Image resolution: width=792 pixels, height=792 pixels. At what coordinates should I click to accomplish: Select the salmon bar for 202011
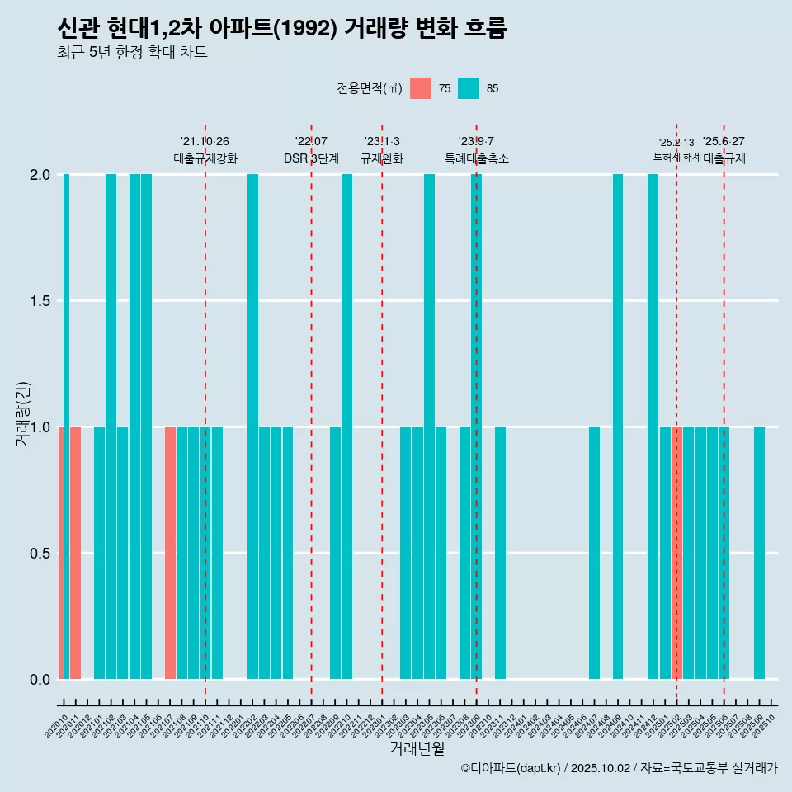pos(75,553)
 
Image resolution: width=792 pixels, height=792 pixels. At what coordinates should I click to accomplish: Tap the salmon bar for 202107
pos(170,553)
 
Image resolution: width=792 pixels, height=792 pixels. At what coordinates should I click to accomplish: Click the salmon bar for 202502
pos(676,553)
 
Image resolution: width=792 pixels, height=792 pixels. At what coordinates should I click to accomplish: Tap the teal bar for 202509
pos(759,553)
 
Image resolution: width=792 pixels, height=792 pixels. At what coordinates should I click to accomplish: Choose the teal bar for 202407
pos(594,553)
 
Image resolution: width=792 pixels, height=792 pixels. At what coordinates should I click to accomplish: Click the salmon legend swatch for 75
pos(421,88)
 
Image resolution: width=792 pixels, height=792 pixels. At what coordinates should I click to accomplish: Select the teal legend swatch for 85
pos(469,88)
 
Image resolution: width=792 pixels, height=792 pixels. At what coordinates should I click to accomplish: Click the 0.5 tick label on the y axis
pos(40,553)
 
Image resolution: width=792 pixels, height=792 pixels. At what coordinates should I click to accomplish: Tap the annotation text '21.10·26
pos(205,141)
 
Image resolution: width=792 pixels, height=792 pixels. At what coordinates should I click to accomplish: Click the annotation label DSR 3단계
pos(311,158)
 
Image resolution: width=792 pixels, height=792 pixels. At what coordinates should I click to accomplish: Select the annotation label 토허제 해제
pos(676,157)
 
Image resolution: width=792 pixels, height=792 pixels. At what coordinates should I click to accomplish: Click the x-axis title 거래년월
pos(417,749)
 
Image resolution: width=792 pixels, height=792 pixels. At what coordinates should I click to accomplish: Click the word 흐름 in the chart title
pos(483,29)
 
